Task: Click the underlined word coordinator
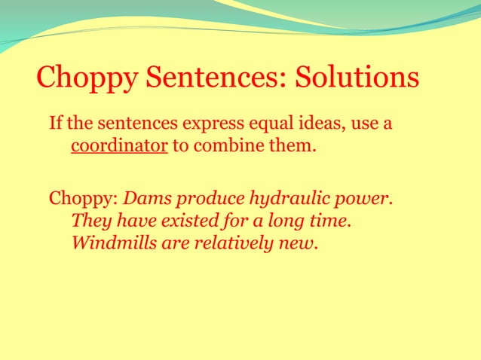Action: (x=119, y=145)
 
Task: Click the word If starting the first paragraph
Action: (x=56, y=123)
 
